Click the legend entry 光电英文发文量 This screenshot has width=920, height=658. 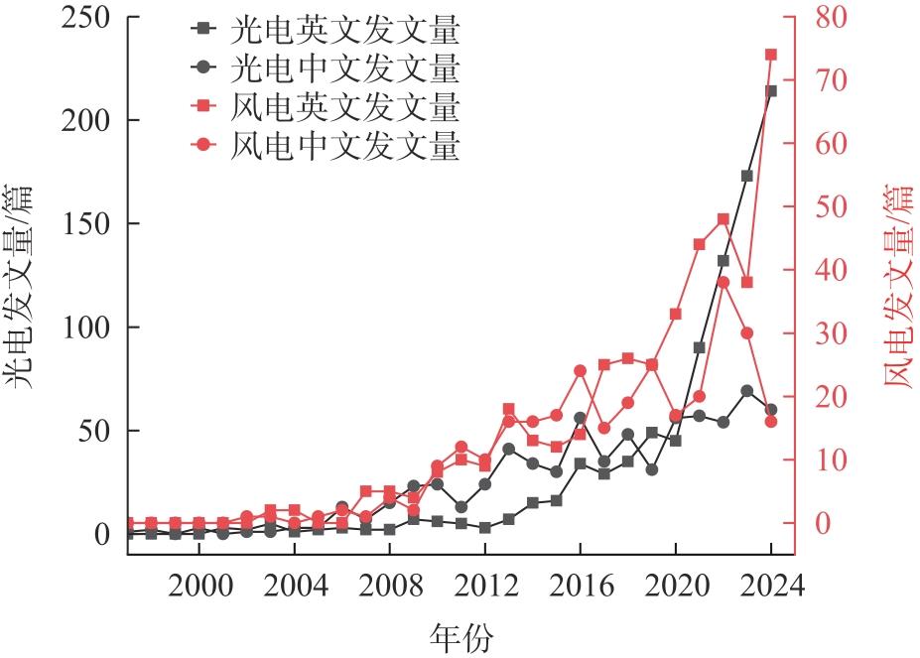tap(325, 30)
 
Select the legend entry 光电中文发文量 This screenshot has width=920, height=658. tap(325, 67)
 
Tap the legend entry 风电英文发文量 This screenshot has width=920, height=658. tap(325, 106)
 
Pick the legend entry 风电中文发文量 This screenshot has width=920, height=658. tap(325, 144)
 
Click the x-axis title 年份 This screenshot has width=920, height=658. tap(460, 637)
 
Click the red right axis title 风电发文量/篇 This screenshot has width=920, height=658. tap(899, 286)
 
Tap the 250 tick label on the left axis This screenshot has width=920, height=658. tap(85, 17)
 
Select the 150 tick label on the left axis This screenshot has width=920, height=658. tap(85, 223)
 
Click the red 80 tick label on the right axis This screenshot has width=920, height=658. tap(831, 17)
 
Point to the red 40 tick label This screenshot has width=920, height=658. tap(831, 270)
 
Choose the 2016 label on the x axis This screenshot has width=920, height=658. tap(581, 586)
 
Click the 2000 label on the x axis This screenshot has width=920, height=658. tap(200, 586)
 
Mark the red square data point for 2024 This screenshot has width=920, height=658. tap(771, 55)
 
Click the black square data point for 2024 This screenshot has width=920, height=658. tap(771, 91)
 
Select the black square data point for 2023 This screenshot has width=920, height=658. tap(747, 176)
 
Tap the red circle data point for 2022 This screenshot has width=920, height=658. tap(723, 282)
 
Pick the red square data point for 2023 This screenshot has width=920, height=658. tap(747, 282)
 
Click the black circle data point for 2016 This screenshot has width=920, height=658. tap(581, 418)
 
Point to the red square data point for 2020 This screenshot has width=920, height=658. tap(675, 314)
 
